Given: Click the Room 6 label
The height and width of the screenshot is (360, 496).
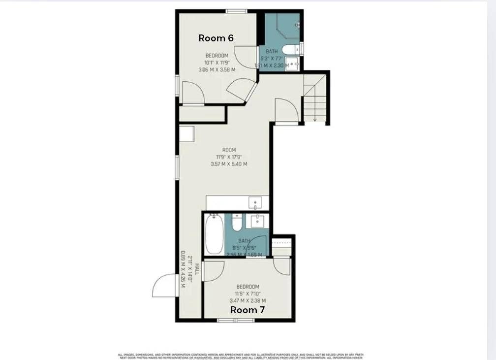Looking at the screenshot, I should pyautogui.click(x=216, y=38).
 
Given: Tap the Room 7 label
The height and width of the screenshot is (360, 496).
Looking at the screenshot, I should pyautogui.click(x=248, y=310).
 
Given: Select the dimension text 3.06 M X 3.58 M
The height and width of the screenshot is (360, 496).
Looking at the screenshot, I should pyautogui.click(x=217, y=70).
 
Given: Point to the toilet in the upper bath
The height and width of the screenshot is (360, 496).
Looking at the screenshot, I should pyautogui.click(x=290, y=49).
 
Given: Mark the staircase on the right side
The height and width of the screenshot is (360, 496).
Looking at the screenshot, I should pyautogui.click(x=315, y=98).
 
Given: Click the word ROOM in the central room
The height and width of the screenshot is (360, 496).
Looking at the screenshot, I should pyautogui.click(x=229, y=150).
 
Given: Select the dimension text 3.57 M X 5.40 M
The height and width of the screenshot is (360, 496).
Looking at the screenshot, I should pyautogui.click(x=229, y=164).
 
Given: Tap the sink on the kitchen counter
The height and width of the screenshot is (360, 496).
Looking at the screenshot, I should pyautogui.click(x=255, y=202).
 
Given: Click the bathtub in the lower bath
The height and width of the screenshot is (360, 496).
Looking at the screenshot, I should pyautogui.click(x=214, y=233).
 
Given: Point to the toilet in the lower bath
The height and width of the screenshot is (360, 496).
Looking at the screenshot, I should pyautogui.click(x=237, y=223).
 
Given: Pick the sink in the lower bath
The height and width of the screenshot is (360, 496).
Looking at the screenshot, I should pyautogui.click(x=257, y=221).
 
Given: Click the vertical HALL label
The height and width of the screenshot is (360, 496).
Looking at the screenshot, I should pyautogui.click(x=196, y=269).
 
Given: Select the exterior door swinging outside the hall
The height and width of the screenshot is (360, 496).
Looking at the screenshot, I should pyautogui.click(x=164, y=286).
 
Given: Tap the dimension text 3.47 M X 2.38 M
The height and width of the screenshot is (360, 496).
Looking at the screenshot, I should pyautogui.click(x=248, y=300).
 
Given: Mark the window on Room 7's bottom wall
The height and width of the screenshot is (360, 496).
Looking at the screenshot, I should pyautogui.click(x=236, y=320).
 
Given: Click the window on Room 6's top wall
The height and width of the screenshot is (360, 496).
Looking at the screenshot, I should pyautogui.click(x=236, y=11).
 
